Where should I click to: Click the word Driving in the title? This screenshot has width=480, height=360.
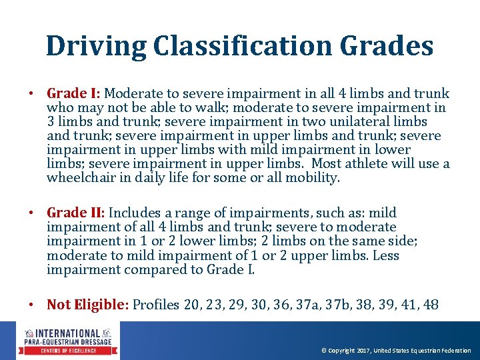[96, 46]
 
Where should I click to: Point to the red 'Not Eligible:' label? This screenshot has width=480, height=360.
[87, 305]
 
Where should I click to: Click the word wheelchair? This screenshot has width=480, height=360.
[79, 178]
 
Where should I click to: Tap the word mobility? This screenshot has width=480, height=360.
[315, 178]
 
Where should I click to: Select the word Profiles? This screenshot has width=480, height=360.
[156, 305]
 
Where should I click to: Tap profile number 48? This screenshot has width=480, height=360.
[431, 305]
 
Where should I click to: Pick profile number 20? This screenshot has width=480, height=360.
[192, 305]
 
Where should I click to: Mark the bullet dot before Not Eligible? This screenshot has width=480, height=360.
[31, 305]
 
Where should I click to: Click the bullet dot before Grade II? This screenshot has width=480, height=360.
[31, 213]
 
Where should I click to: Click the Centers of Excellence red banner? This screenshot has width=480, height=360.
[68, 350]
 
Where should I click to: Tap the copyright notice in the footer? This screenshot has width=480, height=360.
[396, 351]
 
